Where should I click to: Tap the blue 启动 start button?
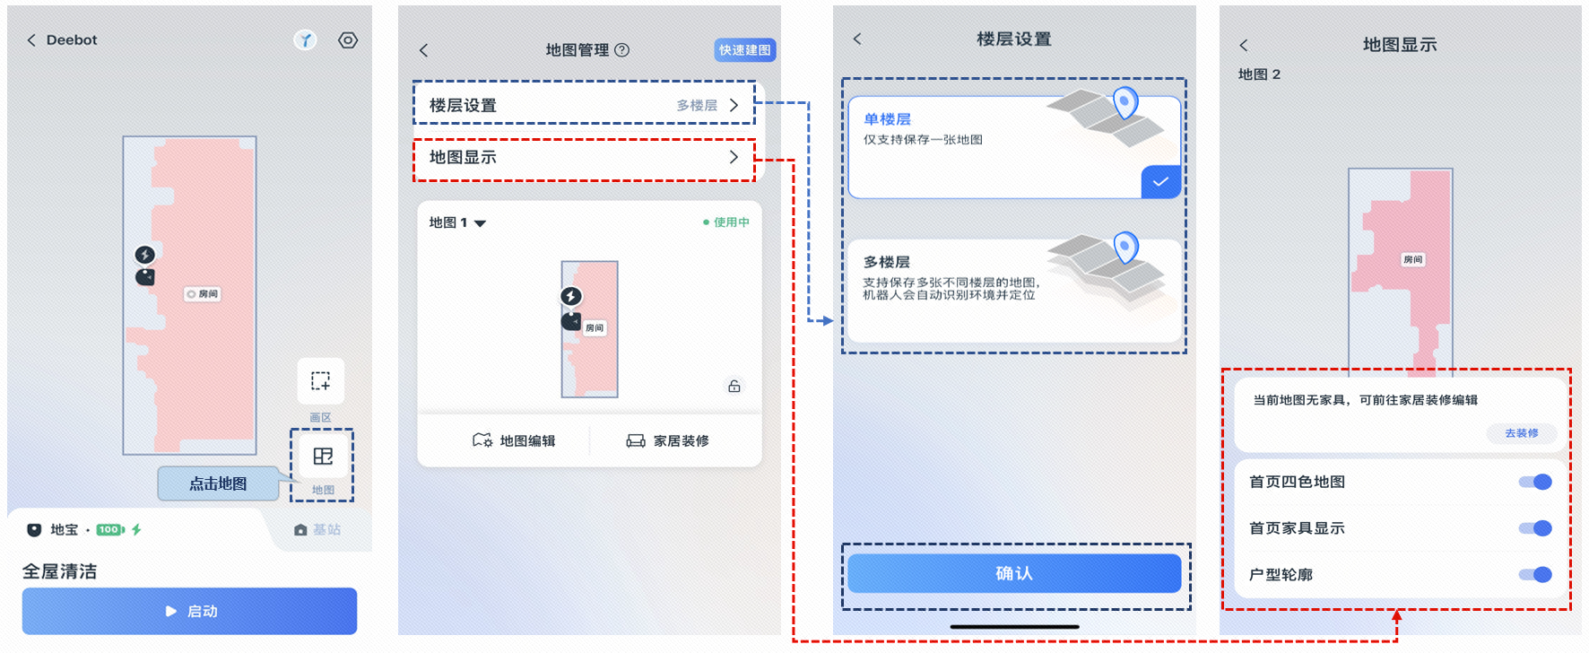point(189,611)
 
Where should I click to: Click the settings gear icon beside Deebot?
point(348,40)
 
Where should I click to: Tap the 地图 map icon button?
point(322,457)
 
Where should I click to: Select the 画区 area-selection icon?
point(320,381)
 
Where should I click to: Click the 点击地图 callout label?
point(218,483)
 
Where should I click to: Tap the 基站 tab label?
point(326,530)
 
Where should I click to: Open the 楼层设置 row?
point(584,105)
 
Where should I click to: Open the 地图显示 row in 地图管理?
point(584,158)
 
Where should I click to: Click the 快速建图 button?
point(745,50)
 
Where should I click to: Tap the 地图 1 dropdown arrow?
point(480,223)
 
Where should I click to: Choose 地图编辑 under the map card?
point(514,440)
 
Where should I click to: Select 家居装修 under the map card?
point(667,440)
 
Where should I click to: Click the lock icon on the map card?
point(734,387)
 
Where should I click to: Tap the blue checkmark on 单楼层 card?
point(1160,182)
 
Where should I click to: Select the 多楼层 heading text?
point(887,262)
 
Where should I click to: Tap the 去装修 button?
point(1522,433)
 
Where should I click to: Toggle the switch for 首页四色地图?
point(1535,482)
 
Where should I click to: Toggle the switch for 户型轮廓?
point(1535,575)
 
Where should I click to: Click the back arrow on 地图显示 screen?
point(1244,45)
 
